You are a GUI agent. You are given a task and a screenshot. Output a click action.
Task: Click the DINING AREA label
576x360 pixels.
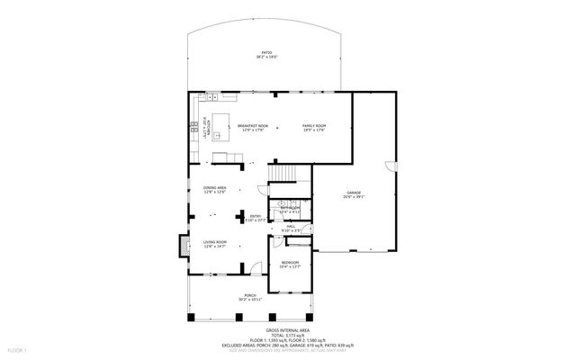point(214,189)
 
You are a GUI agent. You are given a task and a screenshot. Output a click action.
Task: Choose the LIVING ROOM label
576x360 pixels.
point(214,243)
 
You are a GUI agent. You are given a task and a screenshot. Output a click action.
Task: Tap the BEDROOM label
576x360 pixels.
point(290,263)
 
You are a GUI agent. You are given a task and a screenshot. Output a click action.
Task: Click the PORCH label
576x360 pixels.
point(249,297)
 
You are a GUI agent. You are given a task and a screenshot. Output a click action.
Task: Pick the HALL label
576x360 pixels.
point(290,228)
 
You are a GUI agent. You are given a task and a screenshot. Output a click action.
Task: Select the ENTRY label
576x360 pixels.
point(255,217)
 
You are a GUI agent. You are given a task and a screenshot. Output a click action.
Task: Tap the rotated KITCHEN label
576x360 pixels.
point(206,125)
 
